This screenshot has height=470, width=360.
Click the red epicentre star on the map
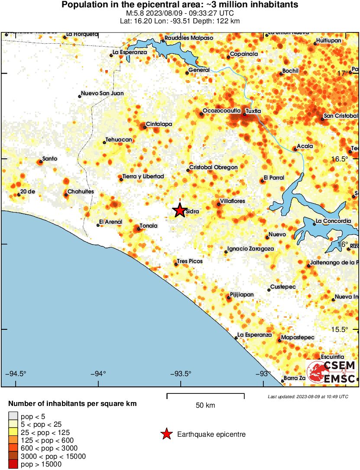click(x=179, y=210)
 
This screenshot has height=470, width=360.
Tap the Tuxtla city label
click(x=253, y=111)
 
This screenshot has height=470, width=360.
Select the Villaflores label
click(x=233, y=201)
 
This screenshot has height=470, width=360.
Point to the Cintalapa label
click(x=159, y=124)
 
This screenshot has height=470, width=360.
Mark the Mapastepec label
click(x=298, y=337)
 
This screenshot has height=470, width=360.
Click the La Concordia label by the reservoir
click(x=333, y=221)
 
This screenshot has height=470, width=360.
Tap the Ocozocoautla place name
click(x=221, y=111)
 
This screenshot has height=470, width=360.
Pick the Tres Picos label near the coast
click(x=190, y=261)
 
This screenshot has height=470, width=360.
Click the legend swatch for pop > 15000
click(x=13, y=464)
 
